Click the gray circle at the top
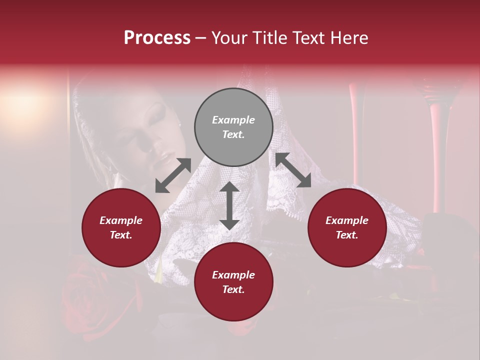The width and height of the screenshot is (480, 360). [233, 127]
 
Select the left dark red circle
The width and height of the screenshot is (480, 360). [121, 227]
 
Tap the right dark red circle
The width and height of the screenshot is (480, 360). [347, 227]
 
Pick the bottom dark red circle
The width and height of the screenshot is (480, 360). [233, 282]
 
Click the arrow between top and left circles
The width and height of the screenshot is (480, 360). [173, 175]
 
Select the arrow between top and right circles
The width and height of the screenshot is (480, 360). [293, 170]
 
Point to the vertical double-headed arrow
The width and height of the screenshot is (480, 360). [229, 205]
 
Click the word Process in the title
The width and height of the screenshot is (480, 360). [157, 37]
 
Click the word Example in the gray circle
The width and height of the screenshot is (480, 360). [233, 120]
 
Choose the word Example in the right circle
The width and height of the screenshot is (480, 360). [347, 220]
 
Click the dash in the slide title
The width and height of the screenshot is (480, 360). [201, 38]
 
